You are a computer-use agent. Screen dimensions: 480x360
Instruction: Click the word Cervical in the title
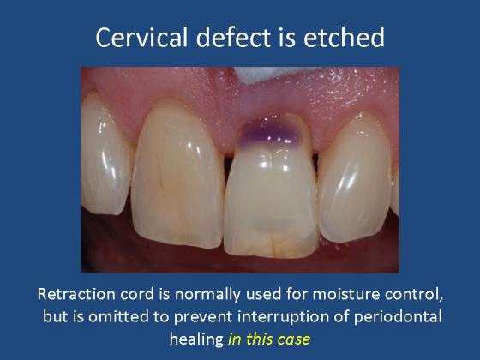[141, 37]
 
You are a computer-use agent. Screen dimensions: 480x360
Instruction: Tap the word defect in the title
[233, 37]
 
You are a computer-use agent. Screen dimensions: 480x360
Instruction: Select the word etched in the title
[344, 37]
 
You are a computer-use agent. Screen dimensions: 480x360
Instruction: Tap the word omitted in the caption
[119, 316]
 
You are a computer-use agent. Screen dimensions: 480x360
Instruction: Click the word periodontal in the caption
[398, 317]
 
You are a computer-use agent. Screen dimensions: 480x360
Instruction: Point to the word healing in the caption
[196, 339]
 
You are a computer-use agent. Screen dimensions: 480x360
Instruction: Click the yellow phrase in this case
[269, 339]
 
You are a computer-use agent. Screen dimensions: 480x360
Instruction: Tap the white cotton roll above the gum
[261, 75]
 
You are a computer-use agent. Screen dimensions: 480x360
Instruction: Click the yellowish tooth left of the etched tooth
[177, 175]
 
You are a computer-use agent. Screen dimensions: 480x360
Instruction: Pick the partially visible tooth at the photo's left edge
[105, 154]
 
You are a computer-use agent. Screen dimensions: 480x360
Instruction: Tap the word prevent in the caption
[202, 317]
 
